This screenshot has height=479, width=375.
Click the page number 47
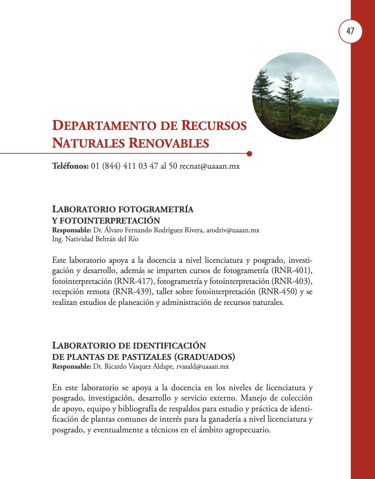[x=350, y=31]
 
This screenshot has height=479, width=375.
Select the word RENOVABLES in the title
[x=169, y=144]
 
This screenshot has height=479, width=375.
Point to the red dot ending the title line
[x=250, y=153]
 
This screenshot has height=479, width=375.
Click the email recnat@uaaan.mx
[x=210, y=166]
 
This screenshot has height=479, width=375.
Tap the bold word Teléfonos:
[x=70, y=166]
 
